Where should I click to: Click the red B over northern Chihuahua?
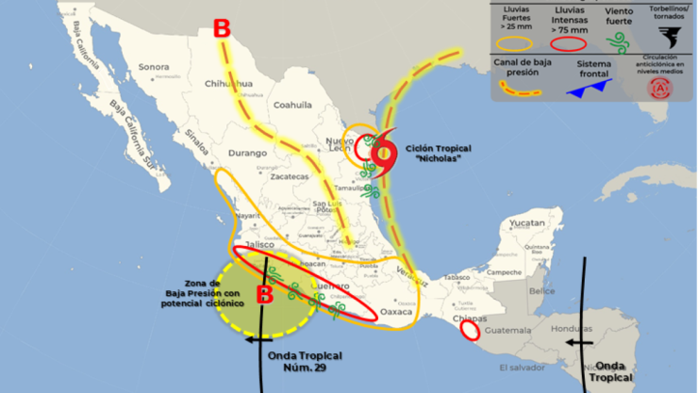point(222,29)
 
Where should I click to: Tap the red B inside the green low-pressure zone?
point(266,295)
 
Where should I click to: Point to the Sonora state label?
point(154,67)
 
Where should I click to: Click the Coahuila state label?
point(292,106)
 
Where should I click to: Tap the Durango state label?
point(248,152)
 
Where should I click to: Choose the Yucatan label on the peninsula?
point(526,223)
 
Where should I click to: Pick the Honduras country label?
point(572,329)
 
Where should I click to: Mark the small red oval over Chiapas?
point(469,331)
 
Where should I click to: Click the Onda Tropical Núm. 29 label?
point(305,361)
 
